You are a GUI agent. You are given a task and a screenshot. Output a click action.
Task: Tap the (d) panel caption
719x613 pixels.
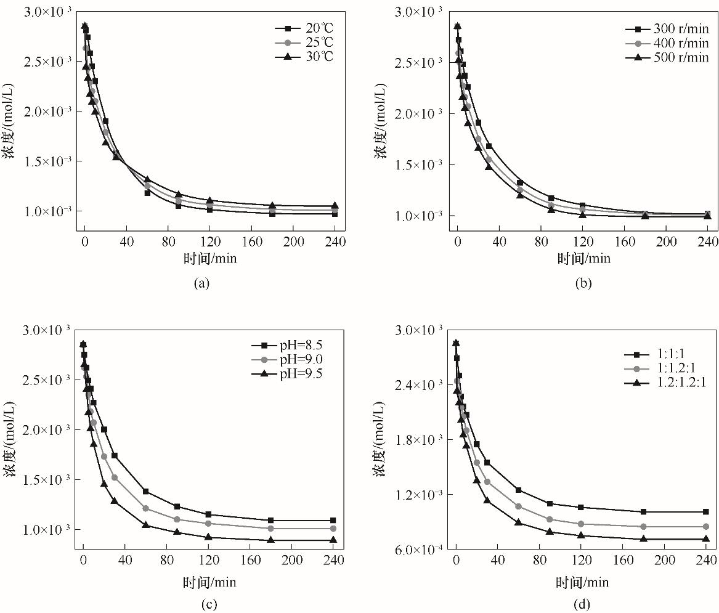(581, 604)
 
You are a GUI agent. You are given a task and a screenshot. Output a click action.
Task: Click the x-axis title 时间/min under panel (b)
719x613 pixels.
(584, 259)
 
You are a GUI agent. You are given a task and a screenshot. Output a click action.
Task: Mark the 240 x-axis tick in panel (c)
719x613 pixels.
(333, 561)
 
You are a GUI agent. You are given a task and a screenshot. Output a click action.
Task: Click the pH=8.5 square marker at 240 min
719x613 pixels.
(333, 521)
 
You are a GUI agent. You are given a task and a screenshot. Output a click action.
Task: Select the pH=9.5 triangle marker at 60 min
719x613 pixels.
(146, 525)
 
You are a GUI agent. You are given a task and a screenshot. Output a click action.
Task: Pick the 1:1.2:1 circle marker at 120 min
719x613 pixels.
(581, 524)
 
